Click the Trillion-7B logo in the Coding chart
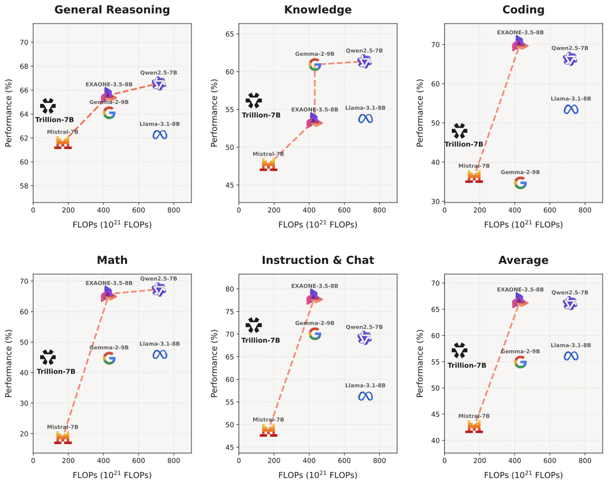(459, 131)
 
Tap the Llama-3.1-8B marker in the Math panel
(160, 355)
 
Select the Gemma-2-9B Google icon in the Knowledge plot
(315, 65)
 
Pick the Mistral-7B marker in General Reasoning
(63, 143)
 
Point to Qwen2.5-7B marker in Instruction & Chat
(364, 338)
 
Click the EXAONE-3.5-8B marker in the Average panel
(520, 301)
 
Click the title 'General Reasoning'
(112, 10)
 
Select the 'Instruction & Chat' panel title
(318, 260)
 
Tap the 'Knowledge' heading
(318, 10)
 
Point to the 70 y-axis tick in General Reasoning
(24, 42)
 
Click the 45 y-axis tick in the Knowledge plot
(230, 185)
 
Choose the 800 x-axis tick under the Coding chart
(585, 210)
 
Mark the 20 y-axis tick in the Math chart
(24, 434)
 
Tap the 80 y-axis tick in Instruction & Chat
(230, 289)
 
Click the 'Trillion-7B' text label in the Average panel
(467, 365)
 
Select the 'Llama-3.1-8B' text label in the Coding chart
(571, 99)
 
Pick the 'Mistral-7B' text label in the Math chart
(63, 427)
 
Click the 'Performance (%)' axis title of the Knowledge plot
(214, 113)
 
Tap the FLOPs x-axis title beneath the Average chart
(523, 475)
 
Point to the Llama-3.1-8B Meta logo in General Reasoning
(160, 135)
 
